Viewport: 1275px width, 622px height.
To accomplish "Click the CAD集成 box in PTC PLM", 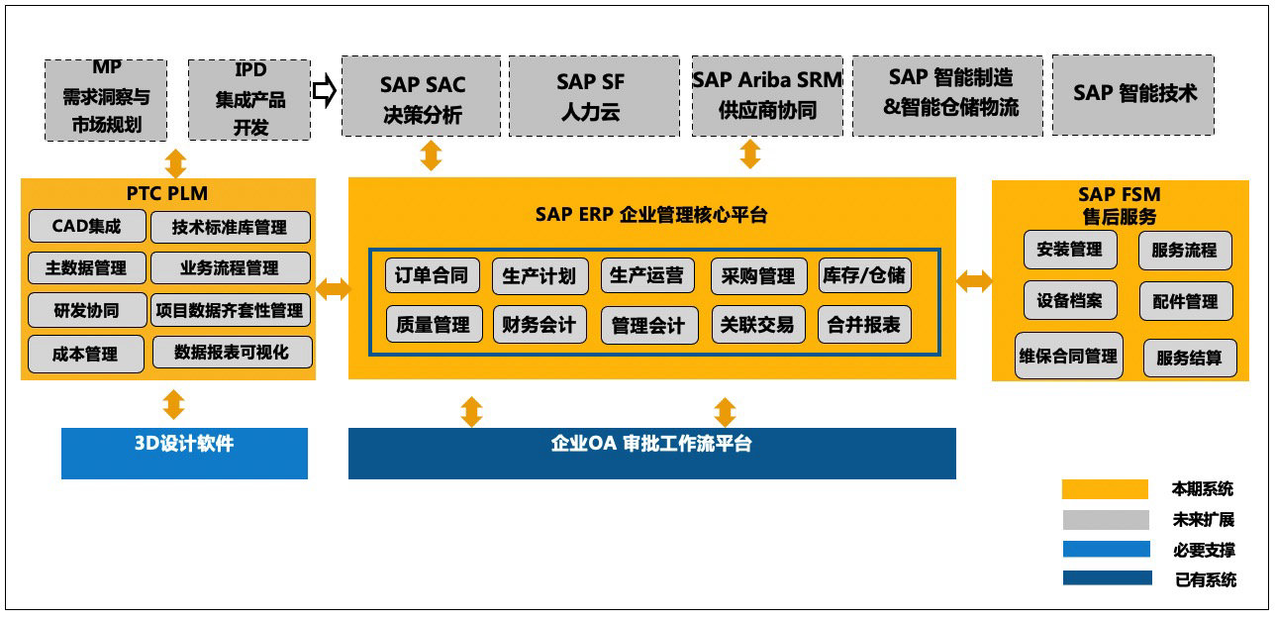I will coord(87,227).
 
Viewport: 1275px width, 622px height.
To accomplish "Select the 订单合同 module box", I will coord(432,275).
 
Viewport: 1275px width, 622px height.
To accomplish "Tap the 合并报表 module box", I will coord(864,325).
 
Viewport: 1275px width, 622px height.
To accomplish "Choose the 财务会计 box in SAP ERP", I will coord(539,325).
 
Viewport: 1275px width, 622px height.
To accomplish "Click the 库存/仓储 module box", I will coord(864,275).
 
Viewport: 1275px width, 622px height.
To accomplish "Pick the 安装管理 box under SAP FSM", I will coord(1070,251).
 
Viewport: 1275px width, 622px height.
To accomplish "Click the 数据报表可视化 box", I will coord(232,353).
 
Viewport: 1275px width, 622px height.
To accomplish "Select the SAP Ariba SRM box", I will coord(767,96).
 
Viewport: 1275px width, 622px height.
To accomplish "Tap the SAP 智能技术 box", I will coord(1132,95).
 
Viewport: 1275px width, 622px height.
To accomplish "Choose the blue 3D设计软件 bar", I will coord(184,454).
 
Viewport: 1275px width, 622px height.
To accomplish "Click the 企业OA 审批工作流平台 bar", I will coord(651,454).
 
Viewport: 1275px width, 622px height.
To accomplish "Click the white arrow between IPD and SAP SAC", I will coord(325,91).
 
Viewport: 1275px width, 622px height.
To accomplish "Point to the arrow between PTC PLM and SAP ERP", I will coord(333,289).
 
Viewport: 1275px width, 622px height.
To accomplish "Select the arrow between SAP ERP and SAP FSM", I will coord(974,282).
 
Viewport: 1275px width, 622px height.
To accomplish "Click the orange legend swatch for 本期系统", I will coord(1105,489).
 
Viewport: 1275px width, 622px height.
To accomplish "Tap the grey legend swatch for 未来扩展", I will coord(1105,520).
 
